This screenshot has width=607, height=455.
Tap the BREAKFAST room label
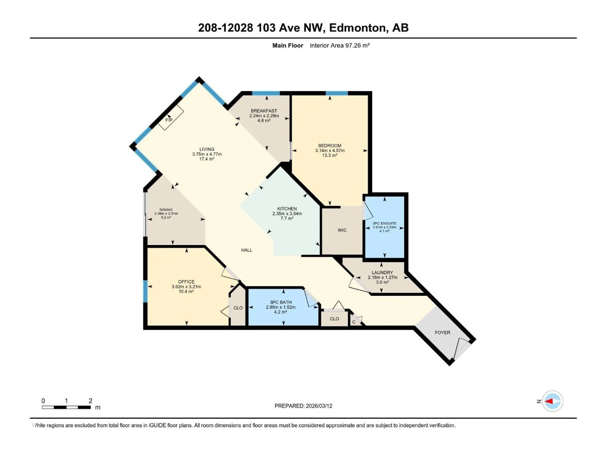point(264,111)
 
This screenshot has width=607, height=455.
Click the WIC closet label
point(342,230)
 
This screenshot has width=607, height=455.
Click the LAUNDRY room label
point(382,272)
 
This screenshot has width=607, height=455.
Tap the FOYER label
point(442,332)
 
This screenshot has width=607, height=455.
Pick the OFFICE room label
point(186,282)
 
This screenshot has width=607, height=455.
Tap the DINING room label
point(166,209)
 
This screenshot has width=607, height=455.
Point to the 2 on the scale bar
point(90,401)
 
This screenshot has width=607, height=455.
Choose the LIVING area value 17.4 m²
point(207,159)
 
